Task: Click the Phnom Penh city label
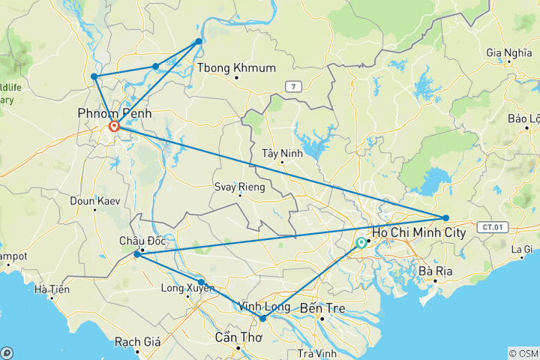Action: coord(112,112)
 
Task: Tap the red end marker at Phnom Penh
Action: coord(114,127)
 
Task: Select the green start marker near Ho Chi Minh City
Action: coord(361,243)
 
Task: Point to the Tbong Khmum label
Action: coord(236,68)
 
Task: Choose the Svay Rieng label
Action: coord(239,187)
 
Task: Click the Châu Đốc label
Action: coord(142,241)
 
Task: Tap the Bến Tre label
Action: coord(320,307)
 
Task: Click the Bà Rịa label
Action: coord(434,271)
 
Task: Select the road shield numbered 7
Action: coord(294,87)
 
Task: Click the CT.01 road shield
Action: coord(492,226)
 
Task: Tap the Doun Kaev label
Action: coord(91,200)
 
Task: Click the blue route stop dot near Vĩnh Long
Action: coord(262,319)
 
